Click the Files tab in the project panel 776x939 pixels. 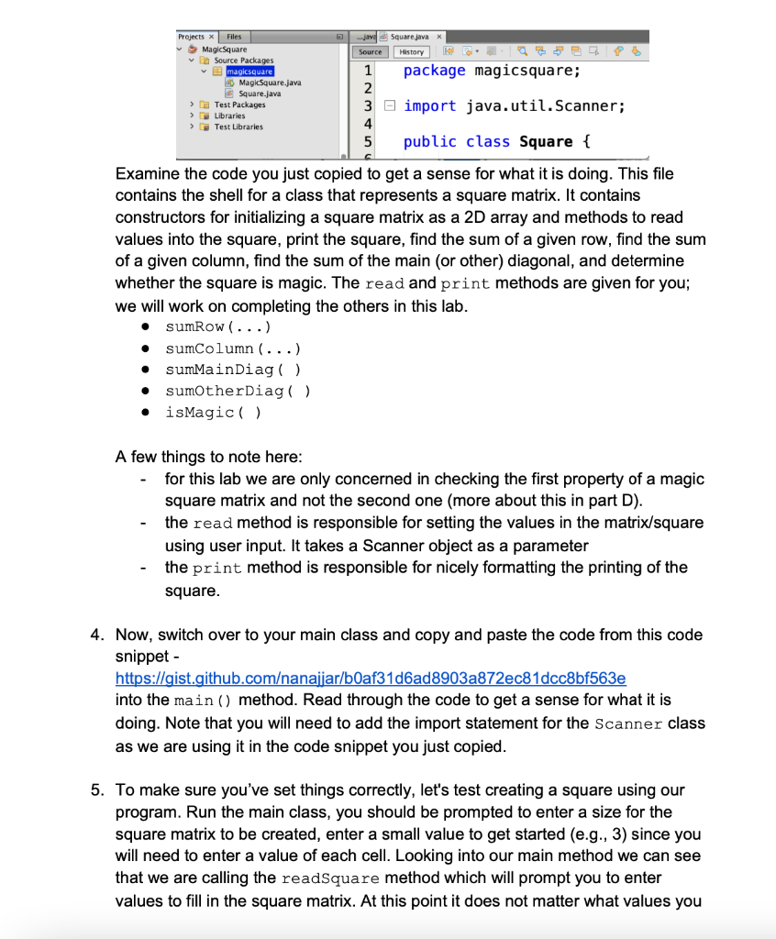tap(234, 38)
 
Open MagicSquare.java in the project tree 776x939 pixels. tap(263, 83)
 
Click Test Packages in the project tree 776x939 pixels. tap(239, 105)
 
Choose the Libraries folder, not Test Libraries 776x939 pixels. tap(229, 116)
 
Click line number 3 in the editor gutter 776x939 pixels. tap(367, 106)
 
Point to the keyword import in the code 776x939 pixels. tap(429, 106)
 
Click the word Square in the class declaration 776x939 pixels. tap(546, 142)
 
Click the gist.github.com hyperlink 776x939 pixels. tap(370, 678)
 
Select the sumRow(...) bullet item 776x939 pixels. tap(218, 326)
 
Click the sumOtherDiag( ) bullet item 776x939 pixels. tap(238, 391)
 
